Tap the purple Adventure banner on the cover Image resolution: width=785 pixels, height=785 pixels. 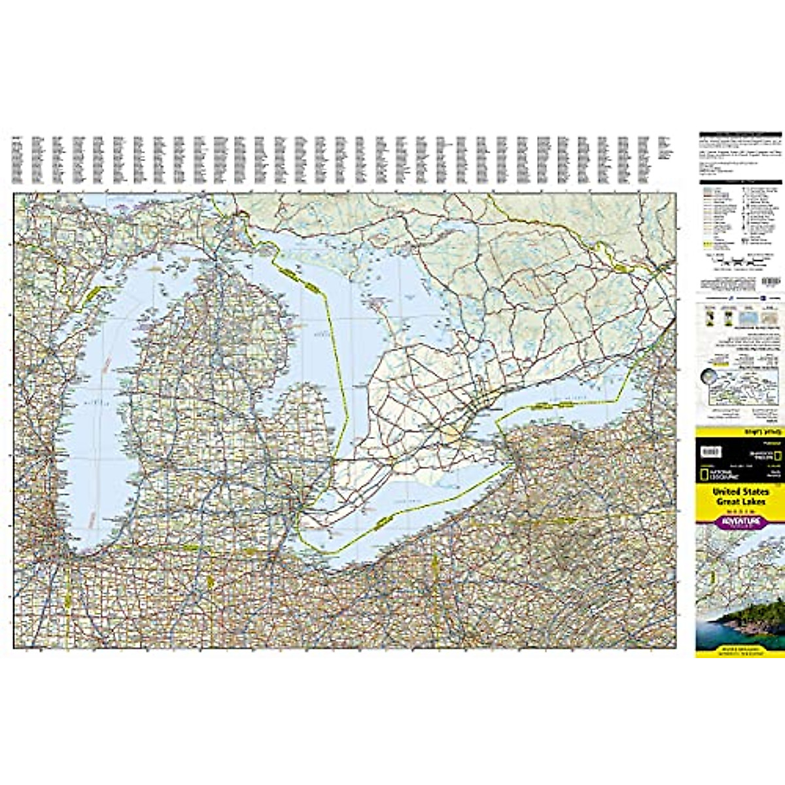click(x=740, y=521)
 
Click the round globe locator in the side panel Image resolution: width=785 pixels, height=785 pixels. click(x=708, y=378)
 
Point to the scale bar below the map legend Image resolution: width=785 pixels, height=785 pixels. click(x=740, y=259)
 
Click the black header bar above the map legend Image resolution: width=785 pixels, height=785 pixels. click(x=740, y=181)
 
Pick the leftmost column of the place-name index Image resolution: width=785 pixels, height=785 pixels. click(x=17, y=160)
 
